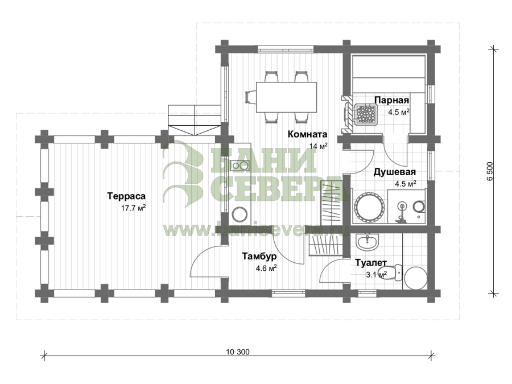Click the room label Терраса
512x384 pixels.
(126, 196)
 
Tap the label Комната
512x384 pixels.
(307, 134)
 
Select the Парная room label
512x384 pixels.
(391, 100)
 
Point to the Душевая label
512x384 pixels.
(394, 172)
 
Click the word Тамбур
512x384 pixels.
(259, 257)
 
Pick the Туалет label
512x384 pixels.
(371, 262)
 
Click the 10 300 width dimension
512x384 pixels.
(237, 352)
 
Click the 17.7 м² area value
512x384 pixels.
(134, 208)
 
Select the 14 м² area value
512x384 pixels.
(319, 146)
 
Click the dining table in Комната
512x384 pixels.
(286, 97)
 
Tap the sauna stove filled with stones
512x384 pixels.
(365, 114)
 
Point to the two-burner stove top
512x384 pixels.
(240, 166)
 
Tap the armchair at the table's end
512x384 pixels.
(250, 97)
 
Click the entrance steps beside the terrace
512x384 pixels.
(194, 120)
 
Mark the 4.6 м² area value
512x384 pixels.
(266, 269)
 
